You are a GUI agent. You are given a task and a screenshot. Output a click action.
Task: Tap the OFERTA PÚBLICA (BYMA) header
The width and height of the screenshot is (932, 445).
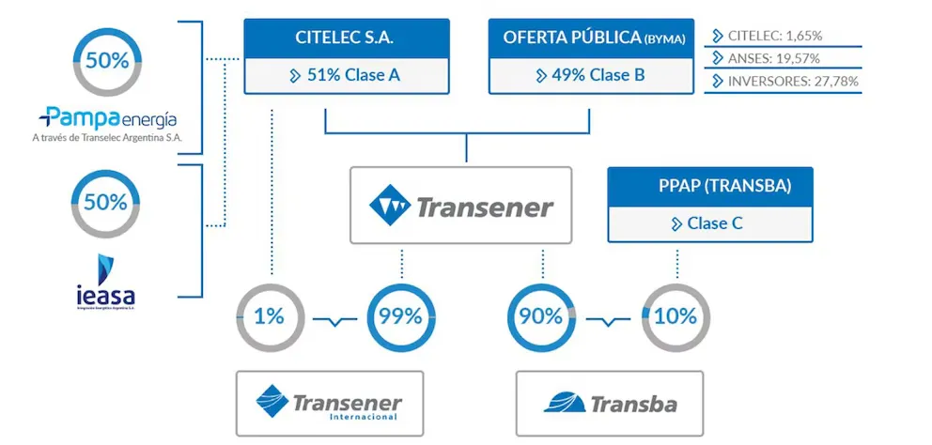589,38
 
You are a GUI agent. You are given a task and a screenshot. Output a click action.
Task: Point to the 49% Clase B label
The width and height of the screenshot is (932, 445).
589,75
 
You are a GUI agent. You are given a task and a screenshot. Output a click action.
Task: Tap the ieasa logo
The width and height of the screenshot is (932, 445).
106,279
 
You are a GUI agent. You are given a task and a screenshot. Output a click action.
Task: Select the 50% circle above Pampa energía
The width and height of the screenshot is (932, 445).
106,61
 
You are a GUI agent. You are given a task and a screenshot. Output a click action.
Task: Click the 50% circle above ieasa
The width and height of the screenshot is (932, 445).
106,202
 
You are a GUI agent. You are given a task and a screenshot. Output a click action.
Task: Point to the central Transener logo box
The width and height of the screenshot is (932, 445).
460,206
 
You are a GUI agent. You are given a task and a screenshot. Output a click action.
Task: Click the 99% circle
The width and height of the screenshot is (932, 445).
401,316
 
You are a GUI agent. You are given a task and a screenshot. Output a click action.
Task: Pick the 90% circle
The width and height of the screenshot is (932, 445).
541,316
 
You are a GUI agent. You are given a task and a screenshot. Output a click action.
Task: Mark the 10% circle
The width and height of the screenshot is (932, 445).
676,316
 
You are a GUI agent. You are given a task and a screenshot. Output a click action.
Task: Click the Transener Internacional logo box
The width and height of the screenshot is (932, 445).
329,403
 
